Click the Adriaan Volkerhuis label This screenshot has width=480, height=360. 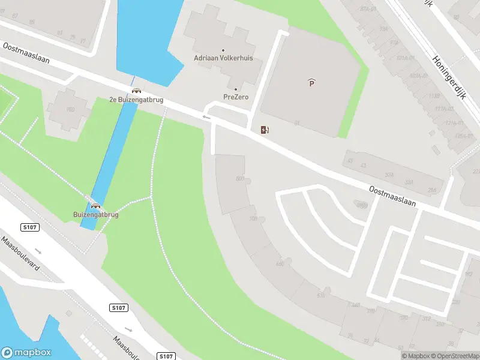(x=223, y=58)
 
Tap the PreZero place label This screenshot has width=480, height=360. (x=236, y=97)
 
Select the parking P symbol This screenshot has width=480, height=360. (x=311, y=83)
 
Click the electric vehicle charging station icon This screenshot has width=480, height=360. (x=265, y=130)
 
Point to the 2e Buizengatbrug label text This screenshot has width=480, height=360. (x=136, y=100)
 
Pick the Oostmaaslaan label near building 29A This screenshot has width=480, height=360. (x=392, y=196)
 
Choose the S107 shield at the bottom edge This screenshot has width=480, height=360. (x=166, y=356)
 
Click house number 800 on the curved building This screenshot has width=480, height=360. (x=241, y=179)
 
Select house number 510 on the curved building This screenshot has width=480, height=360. (x=320, y=295)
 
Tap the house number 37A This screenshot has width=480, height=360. (x=389, y=175)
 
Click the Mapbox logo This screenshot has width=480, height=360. (x=26, y=353)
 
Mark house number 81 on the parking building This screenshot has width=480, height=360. (x=296, y=123)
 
